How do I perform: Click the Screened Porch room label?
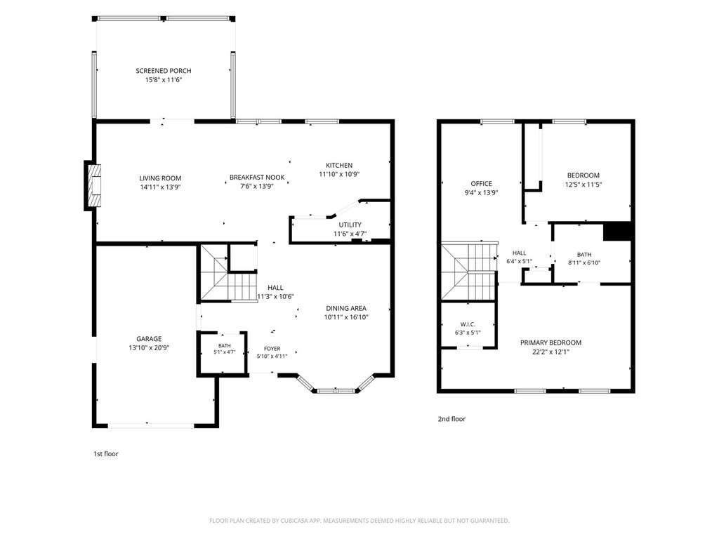click(163, 71)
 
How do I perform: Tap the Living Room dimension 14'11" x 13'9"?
click(160, 187)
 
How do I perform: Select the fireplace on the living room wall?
click(93, 185)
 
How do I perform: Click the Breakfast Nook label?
click(257, 178)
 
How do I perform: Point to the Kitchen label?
click(339, 165)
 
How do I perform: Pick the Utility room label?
click(350, 225)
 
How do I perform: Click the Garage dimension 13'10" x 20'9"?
click(149, 348)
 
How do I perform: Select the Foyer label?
click(272, 349)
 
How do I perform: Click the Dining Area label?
click(345, 309)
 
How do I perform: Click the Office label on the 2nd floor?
click(481, 183)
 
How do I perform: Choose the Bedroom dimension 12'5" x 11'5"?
click(583, 185)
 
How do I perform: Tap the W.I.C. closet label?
click(468, 324)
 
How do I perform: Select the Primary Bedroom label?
click(550, 342)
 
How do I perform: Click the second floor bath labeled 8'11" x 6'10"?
click(584, 258)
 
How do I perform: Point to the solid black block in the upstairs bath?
click(617, 231)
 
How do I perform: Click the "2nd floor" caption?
click(451, 419)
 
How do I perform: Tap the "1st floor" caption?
click(106, 454)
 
